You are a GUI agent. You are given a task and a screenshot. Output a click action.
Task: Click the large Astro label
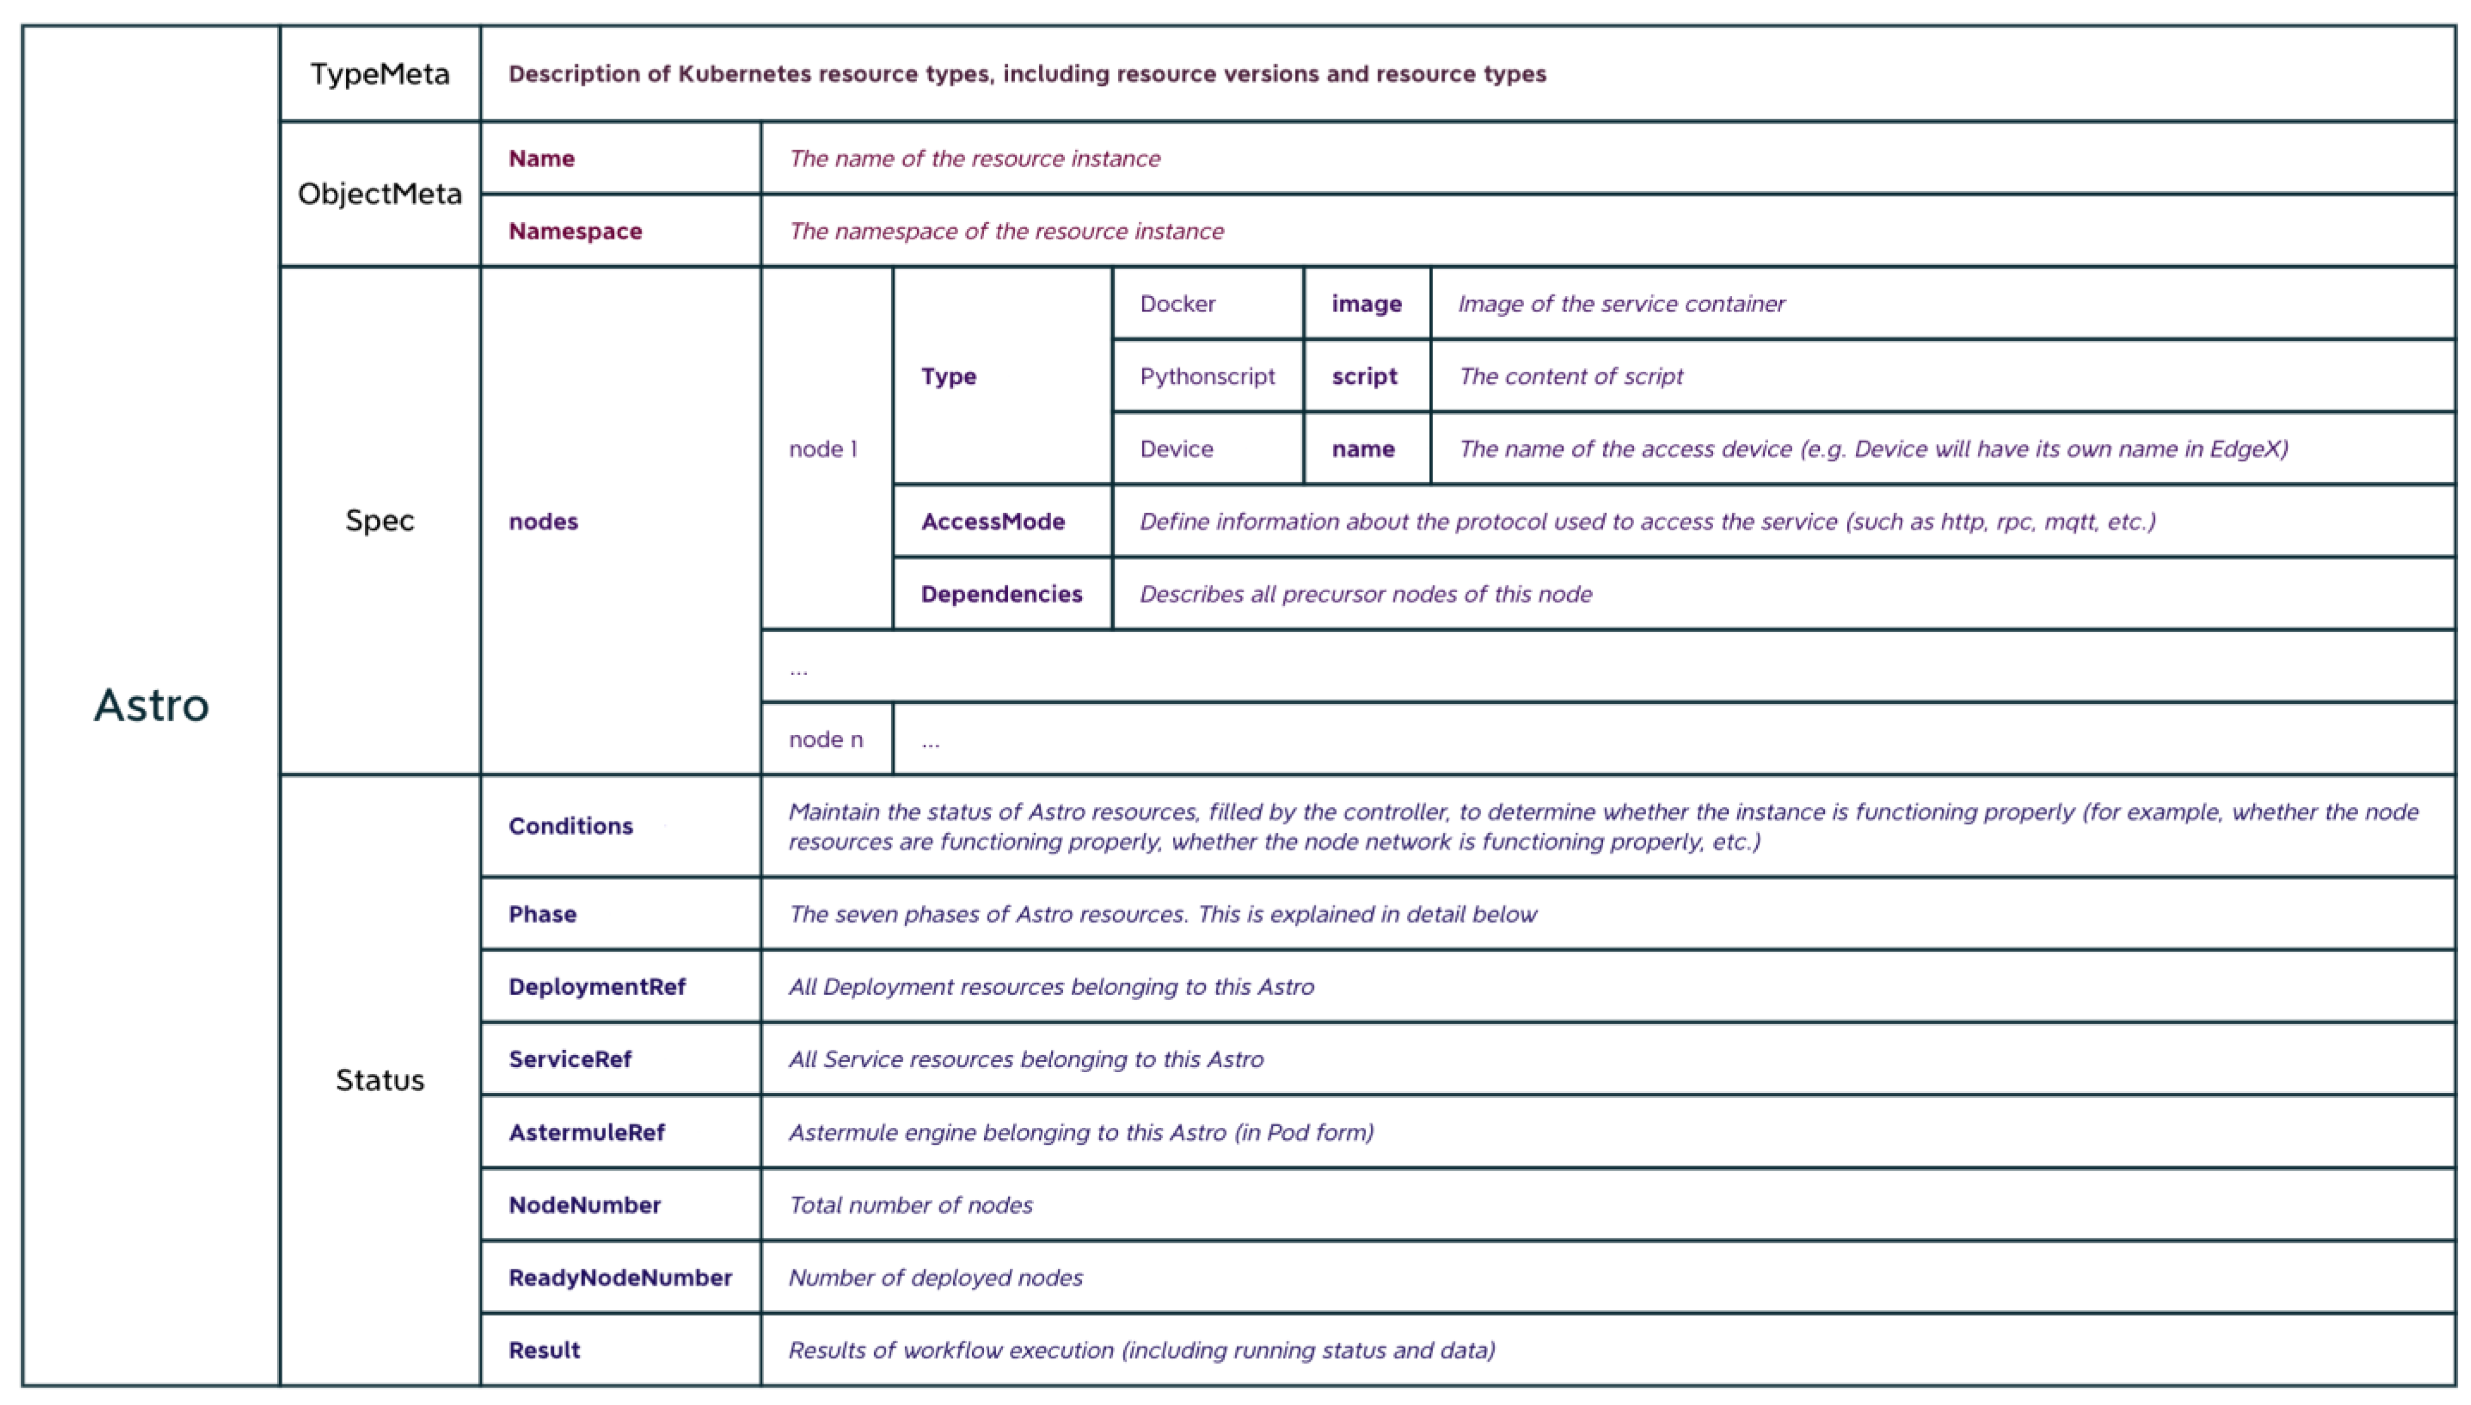point(151,706)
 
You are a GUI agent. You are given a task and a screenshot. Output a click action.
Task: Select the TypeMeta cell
point(379,74)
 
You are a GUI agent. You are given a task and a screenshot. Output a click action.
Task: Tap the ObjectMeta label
point(379,194)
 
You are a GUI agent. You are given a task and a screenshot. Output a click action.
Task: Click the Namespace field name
point(575,231)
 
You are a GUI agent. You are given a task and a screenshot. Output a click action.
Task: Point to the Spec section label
point(379,521)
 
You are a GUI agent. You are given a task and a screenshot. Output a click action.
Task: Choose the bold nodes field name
point(543,522)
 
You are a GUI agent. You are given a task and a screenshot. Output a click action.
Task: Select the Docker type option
point(1177,304)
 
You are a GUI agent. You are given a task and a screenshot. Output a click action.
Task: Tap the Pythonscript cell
point(1207,376)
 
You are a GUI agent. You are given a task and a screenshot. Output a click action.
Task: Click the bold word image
point(1366,304)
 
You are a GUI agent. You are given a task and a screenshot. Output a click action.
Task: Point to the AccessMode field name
point(993,522)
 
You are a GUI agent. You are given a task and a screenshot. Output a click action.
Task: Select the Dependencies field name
point(1002,595)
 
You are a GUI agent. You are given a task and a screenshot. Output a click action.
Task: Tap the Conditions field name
point(571,826)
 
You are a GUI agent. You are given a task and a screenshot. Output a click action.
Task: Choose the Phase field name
point(542,914)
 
